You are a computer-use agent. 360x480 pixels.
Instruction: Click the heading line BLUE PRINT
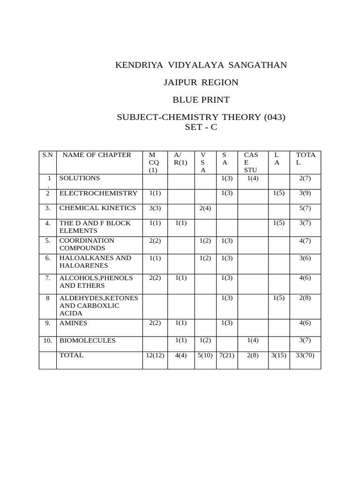pos(201,100)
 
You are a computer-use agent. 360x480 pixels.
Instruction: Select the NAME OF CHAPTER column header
pos(97,155)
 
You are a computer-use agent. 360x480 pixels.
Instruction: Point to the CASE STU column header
pos(251,162)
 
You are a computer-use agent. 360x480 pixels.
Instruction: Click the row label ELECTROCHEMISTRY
pos(98,193)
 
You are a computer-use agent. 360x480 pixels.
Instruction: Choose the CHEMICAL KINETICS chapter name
pos(97,208)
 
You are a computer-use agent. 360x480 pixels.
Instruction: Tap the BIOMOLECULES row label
pos(87,340)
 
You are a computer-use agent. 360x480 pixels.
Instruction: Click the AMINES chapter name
pos(73,323)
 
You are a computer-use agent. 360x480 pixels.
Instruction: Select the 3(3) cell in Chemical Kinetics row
pos(155,208)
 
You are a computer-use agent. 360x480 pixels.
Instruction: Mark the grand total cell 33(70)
pos(305,355)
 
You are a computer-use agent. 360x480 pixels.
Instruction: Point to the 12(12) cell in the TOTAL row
pos(155,355)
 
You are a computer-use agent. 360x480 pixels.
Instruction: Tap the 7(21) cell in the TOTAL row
pos(226,355)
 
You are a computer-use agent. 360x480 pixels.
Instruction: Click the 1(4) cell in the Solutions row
pos(253,178)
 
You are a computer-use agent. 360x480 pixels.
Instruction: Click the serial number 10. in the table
pos(47,341)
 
